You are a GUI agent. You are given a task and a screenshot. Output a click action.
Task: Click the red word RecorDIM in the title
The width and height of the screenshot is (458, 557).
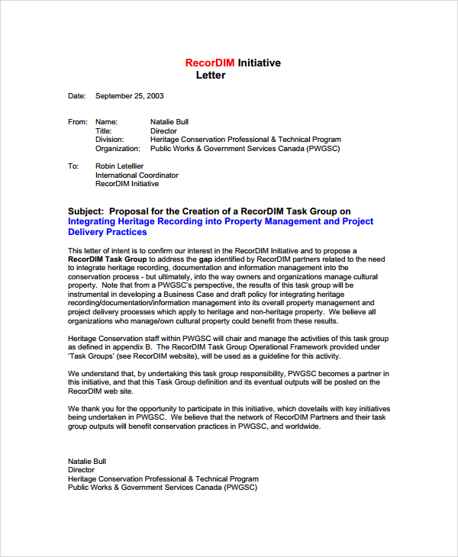pos(210,63)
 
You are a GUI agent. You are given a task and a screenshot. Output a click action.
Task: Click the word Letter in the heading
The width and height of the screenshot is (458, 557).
pos(211,76)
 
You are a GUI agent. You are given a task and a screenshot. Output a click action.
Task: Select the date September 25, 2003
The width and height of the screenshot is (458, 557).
pos(129,96)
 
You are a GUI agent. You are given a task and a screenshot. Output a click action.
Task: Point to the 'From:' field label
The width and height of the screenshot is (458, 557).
pos(78,121)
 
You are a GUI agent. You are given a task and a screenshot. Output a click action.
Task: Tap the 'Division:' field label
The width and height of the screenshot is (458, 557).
pos(110,140)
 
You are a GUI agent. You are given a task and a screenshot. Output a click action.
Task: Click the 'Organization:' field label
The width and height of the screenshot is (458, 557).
pos(118,149)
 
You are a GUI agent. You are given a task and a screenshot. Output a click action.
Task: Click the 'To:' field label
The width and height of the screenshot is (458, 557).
pos(73,166)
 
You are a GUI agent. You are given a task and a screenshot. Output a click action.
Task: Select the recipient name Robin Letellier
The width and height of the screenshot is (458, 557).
pos(119,166)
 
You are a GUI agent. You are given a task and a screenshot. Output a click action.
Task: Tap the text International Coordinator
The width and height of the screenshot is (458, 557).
pos(137,175)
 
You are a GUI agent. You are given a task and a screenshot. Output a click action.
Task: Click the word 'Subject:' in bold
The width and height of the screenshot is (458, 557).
pos(86,211)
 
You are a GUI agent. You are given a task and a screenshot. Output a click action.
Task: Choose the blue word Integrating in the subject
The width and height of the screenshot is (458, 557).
pos(95,221)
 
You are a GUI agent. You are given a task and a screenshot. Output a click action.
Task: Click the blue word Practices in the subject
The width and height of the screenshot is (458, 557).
pos(126,232)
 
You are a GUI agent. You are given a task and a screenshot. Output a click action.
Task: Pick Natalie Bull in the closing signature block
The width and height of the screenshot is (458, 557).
pos(87,461)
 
